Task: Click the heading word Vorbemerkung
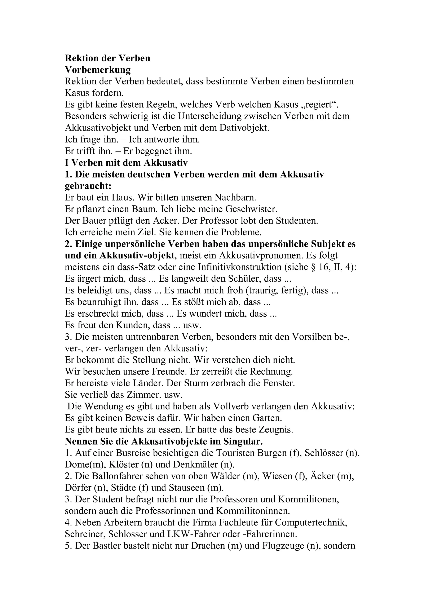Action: [98, 70]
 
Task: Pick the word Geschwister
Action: [251, 209]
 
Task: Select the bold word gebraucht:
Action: [88, 186]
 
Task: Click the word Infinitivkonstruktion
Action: [240, 267]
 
